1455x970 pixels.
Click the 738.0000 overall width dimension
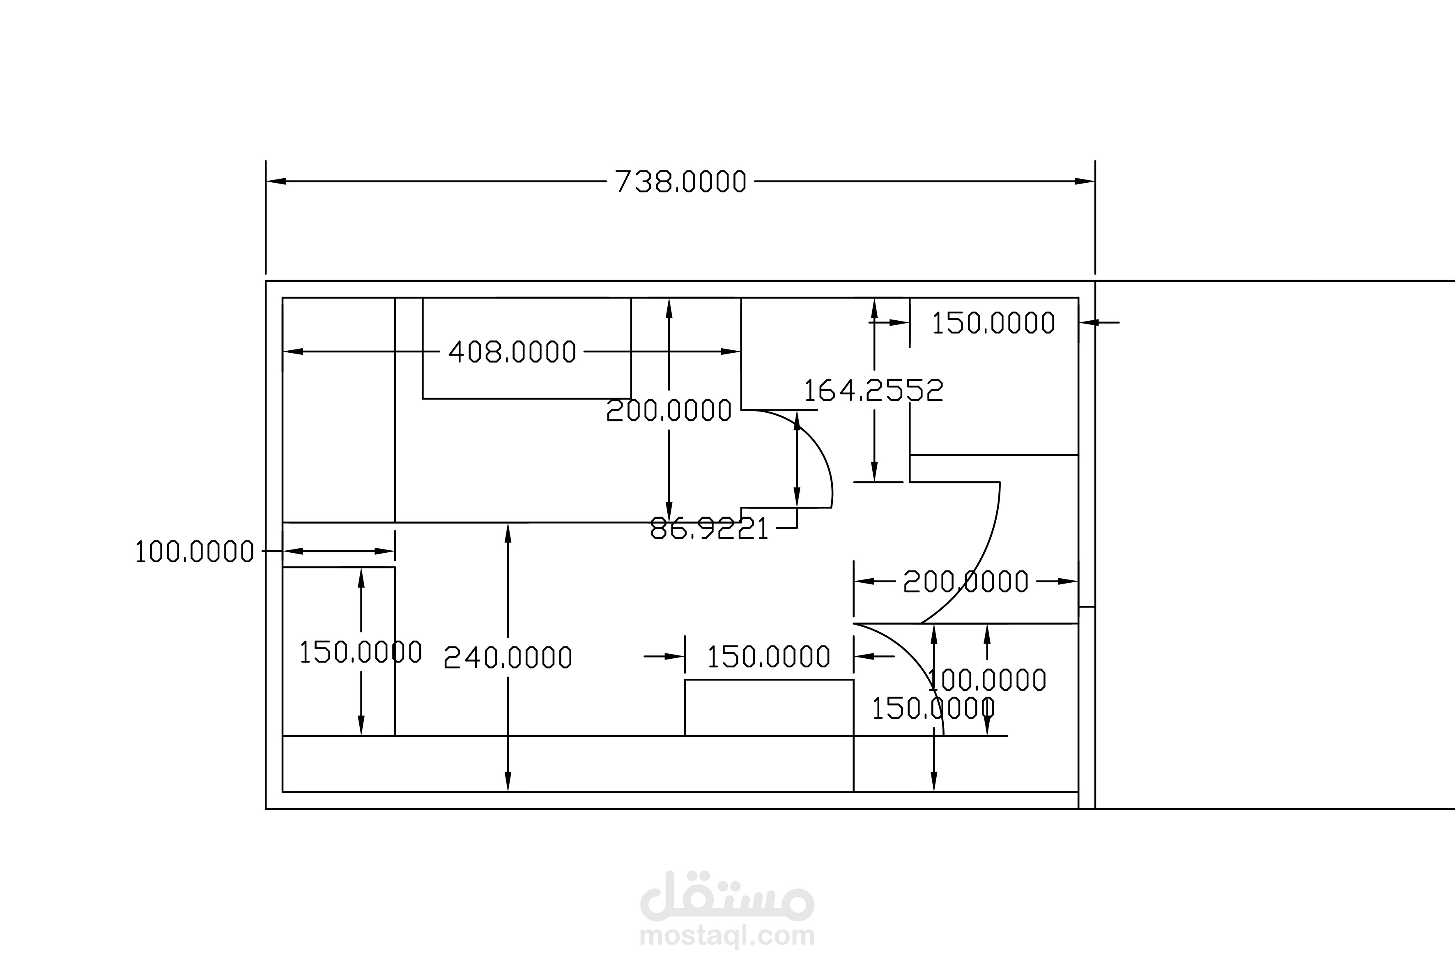point(680,182)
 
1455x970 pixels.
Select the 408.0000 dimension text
point(512,352)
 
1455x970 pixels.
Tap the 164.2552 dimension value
point(873,391)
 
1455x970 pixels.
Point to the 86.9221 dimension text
point(710,529)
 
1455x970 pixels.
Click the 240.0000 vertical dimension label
point(508,657)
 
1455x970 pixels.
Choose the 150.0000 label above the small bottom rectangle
point(768,657)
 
